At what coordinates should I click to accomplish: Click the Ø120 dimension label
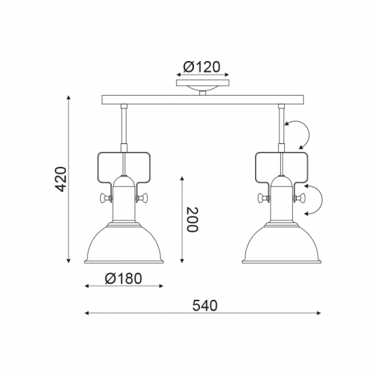(x=201, y=67)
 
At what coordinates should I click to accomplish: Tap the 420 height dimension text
(x=60, y=179)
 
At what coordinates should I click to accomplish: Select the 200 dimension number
(x=192, y=220)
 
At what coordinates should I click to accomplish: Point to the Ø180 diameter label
(x=123, y=278)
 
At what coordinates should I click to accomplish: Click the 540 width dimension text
(x=205, y=306)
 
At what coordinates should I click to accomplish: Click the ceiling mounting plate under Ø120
(x=203, y=83)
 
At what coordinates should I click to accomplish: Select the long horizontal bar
(x=203, y=100)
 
